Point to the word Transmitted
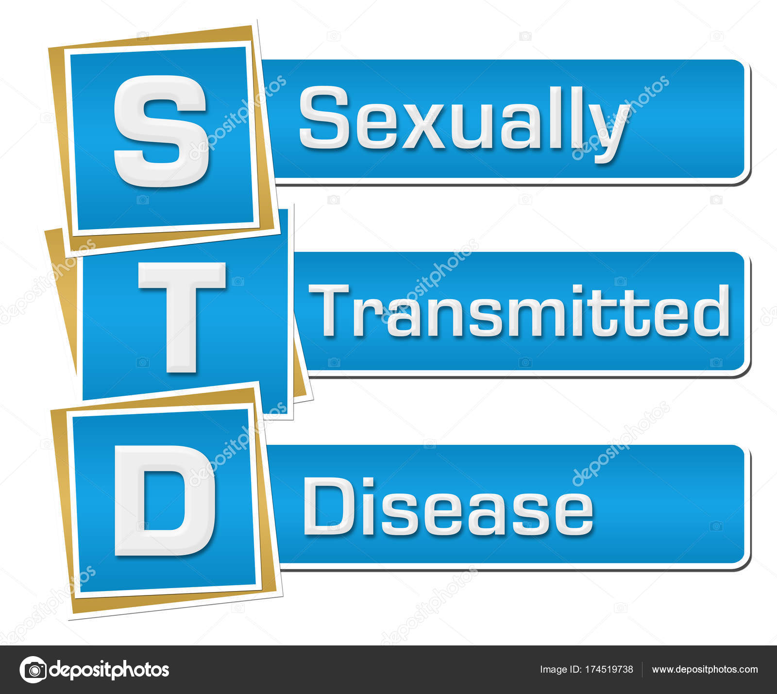coord(519,311)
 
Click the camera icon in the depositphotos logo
coord(34,670)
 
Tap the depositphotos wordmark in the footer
coord(110,670)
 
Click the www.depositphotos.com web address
coord(705,669)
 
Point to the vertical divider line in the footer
coord(642,669)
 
